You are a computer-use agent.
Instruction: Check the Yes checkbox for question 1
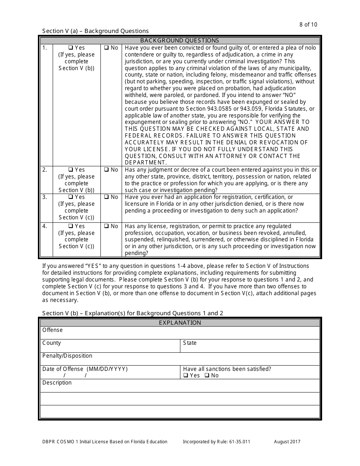coord(70,48)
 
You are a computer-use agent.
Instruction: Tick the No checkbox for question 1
coord(106,48)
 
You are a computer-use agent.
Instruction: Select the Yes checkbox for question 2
coord(70,170)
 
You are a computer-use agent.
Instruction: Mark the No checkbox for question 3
coord(106,197)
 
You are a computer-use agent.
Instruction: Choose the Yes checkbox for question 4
coord(70,226)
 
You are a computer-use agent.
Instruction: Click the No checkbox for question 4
coord(106,226)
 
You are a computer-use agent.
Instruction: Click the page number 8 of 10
coord(308,25)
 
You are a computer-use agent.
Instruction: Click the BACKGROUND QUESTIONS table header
coord(180,41)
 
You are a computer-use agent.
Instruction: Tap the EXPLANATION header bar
coord(180,323)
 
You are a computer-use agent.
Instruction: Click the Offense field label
coord(52,330)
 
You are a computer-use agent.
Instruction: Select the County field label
coord(52,343)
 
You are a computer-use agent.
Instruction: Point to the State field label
coord(189,343)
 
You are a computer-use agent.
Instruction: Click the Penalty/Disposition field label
coord(67,356)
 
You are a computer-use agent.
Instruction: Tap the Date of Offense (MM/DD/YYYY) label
coord(85,369)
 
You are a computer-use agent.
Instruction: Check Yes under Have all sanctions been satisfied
coord(186,375)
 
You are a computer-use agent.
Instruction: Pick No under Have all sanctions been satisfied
coord(207,375)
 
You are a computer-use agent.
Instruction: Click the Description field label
coord(57,383)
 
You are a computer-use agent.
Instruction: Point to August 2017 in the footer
coord(287,442)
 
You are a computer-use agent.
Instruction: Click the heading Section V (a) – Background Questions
coord(95,31)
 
